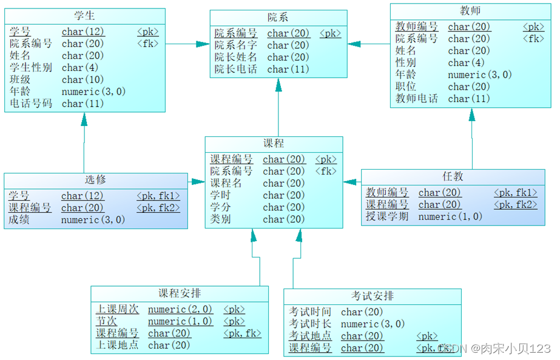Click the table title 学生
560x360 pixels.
[84, 15]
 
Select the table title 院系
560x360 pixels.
[278, 17]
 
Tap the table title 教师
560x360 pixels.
[471, 11]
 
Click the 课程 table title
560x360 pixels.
[274, 144]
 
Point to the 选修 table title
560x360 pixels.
[95, 180]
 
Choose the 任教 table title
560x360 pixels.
[453, 176]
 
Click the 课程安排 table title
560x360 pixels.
[180, 293]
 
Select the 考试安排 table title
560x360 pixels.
[373, 296]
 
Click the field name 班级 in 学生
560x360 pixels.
[20, 79]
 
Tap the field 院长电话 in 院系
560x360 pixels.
[235, 69]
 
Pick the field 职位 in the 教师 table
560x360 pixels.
[406, 87]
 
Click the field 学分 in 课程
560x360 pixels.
[220, 207]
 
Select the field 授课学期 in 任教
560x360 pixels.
[387, 216]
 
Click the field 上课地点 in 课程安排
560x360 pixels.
[117, 345]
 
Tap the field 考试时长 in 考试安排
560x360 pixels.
[310, 324]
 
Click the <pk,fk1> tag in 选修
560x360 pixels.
[158, 196]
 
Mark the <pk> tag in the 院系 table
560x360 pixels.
[330, 33]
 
